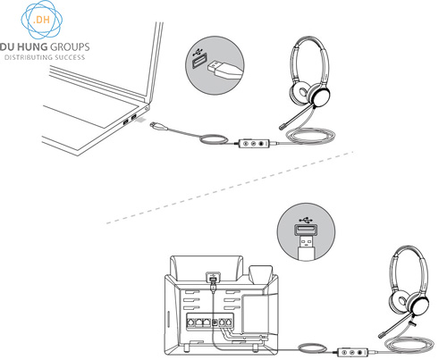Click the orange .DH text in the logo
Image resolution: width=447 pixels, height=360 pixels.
[x=41, y=20]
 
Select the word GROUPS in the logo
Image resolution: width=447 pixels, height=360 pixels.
[x=70, y=46]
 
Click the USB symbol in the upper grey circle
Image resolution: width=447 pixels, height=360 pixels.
[x=198, y=53]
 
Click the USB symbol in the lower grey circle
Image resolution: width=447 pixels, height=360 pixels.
[x=306, y=221]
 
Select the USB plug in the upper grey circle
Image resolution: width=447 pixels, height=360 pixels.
[x=223, y=71]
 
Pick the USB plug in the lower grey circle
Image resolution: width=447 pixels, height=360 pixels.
[x=306, y=247]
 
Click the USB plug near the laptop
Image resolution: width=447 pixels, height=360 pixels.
[x=158, y=126]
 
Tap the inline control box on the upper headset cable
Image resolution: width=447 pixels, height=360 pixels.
[x=256, y=143]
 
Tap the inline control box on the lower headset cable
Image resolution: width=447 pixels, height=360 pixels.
[x=353, y=352]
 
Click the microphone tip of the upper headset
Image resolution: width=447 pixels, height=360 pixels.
[x=283, y=127]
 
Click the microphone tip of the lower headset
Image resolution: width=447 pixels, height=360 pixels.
[x=382, y=335]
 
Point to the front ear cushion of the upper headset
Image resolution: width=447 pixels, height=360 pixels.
[x=319, y=96]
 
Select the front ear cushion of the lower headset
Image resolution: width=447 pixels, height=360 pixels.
[x=417, y=305]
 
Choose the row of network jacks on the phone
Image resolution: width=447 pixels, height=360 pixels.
[x=209, y=322]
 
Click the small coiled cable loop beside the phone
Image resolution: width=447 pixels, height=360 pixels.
[x=312, y=347]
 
